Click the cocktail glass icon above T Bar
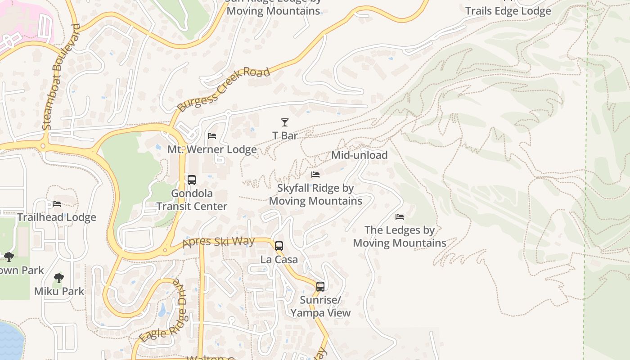click(284, 122)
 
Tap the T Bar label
click(285, 135)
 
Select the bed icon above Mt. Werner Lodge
click(212, 136)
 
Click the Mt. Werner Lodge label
click(212, 149)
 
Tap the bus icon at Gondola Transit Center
click(192, 180)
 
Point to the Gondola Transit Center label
click(192, 200)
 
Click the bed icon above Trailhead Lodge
click(57, 204)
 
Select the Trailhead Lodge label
click(57, 217)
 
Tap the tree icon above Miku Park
click(58, 278)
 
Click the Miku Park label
click(59, 291)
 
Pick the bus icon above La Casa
click(279, 246)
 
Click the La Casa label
click(279, 260)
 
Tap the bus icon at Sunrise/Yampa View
click(320, 287)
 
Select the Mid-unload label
click(359, 155)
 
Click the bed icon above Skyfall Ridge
click(315, 174)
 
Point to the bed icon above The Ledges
click(400, 217)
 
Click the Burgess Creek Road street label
click(224, 89)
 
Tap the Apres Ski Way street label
click(219, 243)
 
